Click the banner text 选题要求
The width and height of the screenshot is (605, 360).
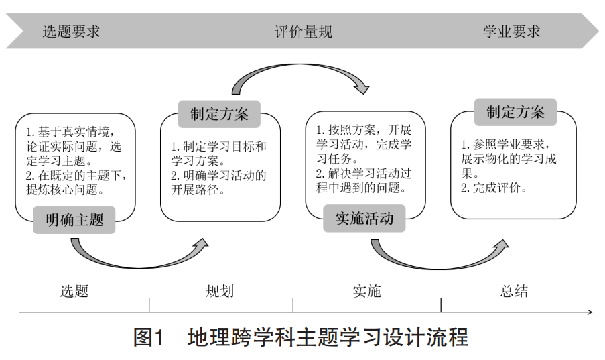[x=72, y=32]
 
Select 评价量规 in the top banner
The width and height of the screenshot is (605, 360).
[x=304, y=32]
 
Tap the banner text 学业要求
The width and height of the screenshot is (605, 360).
[x=512, y=32]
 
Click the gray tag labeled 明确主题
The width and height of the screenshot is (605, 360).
[x=74, y=220]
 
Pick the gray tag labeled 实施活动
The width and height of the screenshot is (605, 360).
[x=364, y=219]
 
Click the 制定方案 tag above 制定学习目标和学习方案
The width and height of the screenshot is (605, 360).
[x=219, y=114]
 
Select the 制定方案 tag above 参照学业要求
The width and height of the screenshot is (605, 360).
[x=515, y=112]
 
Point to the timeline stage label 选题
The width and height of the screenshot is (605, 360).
[x=74, y=291]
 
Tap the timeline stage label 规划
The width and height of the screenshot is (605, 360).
[x=220, y=291]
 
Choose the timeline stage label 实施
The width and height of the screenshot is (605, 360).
[x=367, y=291]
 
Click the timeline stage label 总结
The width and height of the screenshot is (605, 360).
[x=514, y=291]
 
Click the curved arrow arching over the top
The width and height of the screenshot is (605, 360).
[x=297, y=66]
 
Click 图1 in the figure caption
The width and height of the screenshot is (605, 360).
[x=149, y=337]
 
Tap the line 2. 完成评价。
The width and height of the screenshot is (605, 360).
[x=494, y=188]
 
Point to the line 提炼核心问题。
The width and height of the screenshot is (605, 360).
[x=65, y=190]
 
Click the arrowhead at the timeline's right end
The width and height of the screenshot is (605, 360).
[x=590, y=312]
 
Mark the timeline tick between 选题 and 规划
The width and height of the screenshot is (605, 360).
[x=149, y=305]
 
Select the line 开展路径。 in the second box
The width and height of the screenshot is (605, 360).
[x=198, y=190]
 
